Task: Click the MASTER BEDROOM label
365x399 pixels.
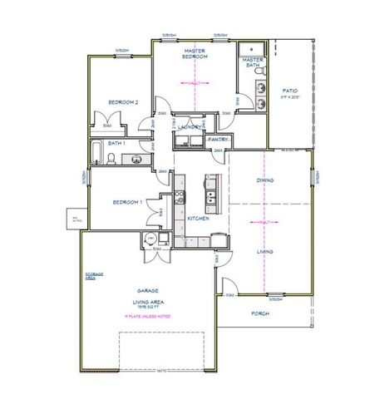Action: (x=194, y=53)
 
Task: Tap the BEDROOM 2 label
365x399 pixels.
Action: (x=122, y=102)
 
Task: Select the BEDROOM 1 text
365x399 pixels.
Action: (x=128, y=202)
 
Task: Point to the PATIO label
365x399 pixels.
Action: (x=289, y=91)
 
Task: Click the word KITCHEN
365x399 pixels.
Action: (x=198, y=218)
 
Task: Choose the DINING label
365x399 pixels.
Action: (x=266, y=180)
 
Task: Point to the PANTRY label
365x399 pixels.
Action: (x=218, y=140)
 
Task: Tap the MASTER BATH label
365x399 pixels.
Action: (x=253, y=63)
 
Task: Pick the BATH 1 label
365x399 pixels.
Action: (x=116, y=143)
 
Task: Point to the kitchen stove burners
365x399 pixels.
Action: (x=180, y=198)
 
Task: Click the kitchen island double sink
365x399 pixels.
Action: (x=210, y=198)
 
